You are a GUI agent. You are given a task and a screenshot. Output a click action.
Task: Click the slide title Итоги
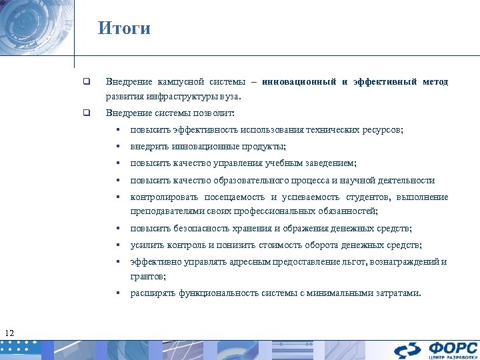pyautogui.click(x=124, y=28)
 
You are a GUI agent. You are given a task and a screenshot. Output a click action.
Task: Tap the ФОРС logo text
pyautogui.click(x=453, y=347)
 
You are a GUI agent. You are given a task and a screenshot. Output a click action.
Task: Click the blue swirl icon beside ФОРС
pyautogui.click(x=407, y=350)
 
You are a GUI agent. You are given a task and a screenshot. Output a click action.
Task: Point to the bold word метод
pyautogui.click(x=435, y=82)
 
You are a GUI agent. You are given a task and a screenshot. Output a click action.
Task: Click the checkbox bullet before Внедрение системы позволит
pyautogui.click(x=86, y=113)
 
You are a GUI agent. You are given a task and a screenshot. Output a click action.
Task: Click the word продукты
pyautogui.click(x=263, y=147)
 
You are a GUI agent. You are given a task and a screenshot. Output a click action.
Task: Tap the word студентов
pyautogui.click(x=367, y=197)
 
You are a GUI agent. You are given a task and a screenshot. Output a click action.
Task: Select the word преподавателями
pyautogui.click(x=166, y=211)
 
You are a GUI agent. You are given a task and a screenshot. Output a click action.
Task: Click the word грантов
pyautogui.click(x=147, y=275)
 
